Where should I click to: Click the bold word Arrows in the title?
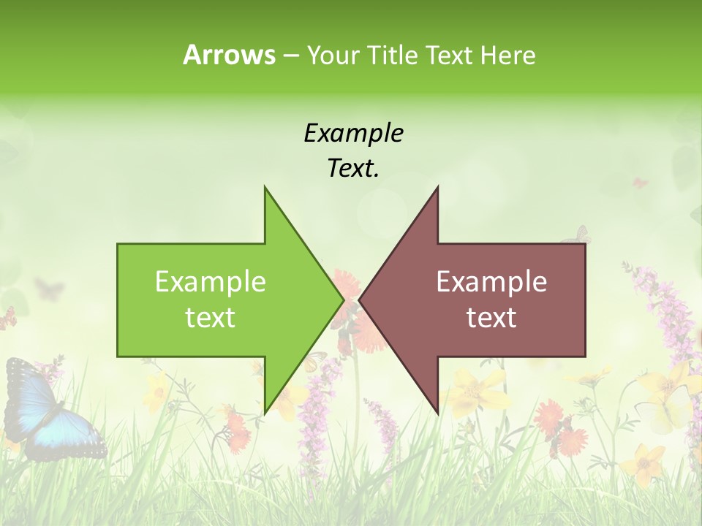229,55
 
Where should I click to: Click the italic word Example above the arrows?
353,134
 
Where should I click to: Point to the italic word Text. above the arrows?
353,169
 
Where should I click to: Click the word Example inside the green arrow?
211,282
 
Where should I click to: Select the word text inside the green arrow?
211,318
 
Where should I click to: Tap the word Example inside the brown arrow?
491,282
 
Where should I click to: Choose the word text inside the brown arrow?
491,318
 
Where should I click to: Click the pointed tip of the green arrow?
343,300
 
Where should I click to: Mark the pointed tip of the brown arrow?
360,300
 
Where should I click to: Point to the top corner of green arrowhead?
265,187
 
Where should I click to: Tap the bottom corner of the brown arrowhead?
437,413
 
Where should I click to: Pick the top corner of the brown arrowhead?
437,187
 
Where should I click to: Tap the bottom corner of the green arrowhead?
265,413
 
